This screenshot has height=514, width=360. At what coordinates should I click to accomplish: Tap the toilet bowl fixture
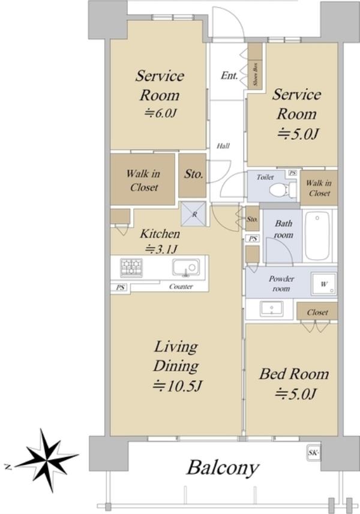(282, 190)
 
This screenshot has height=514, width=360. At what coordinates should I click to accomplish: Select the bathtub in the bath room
(317, 236)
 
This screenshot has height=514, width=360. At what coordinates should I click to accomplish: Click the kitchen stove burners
(131, 267)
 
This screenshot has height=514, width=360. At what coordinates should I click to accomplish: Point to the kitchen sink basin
(186, 267)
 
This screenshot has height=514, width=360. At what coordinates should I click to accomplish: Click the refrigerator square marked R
(194, 214)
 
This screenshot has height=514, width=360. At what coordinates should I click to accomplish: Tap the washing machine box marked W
(324, 284)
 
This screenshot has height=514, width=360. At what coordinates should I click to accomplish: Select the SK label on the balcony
(313, 453)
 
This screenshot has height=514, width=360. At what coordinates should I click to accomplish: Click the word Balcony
(223, 468)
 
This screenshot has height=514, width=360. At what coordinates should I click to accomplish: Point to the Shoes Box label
(256, 74)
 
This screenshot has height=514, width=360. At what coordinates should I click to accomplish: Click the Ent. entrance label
(229, 76)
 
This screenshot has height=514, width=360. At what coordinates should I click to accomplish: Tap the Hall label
(223, 146)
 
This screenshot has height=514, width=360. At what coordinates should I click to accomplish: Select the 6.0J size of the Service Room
(161, 113)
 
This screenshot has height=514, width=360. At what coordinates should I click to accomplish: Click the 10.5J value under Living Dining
(177, 386)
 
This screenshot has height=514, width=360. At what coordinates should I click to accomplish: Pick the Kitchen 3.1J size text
(161, 250)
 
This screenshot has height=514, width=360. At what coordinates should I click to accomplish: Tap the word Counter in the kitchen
(181, 287)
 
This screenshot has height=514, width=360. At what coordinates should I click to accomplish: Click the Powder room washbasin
(271, 309)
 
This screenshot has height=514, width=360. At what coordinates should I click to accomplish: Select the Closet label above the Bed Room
(317, 312)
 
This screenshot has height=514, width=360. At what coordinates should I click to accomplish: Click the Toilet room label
(265, 178)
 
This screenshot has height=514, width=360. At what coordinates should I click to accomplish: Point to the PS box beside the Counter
(121, 287)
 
